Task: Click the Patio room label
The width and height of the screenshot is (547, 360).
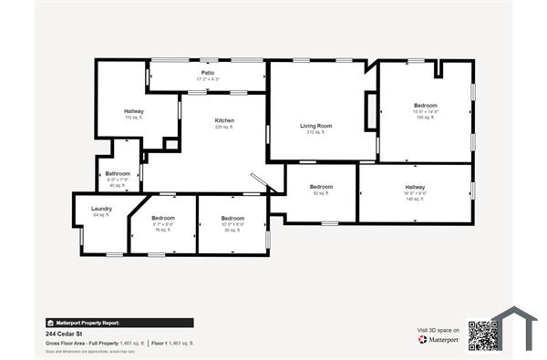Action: point(209,73)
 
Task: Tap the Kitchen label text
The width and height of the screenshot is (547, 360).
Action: point(224,121)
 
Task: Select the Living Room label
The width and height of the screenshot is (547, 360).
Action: point(316,126)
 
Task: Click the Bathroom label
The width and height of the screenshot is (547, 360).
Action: point(118,173)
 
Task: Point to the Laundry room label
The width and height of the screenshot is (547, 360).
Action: point(101,209)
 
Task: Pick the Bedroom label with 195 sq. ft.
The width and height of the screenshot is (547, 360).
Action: point(426,106)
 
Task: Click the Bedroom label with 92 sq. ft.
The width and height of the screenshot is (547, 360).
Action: point(321,187)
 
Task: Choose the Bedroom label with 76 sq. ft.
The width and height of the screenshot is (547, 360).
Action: point(163,218)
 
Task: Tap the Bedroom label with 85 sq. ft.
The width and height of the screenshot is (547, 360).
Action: point(232,218)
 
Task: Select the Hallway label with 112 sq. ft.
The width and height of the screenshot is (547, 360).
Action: point(134,111)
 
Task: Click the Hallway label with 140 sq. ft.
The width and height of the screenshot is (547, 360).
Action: point(415,187)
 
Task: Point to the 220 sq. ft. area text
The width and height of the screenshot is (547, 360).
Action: point(224,128)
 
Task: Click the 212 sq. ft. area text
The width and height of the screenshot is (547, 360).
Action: point(316,132)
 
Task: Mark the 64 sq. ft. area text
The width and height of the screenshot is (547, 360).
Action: point(101,215)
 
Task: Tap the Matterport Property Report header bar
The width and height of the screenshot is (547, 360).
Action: point(119,323)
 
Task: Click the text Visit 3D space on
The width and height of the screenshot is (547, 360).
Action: point(436,330)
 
